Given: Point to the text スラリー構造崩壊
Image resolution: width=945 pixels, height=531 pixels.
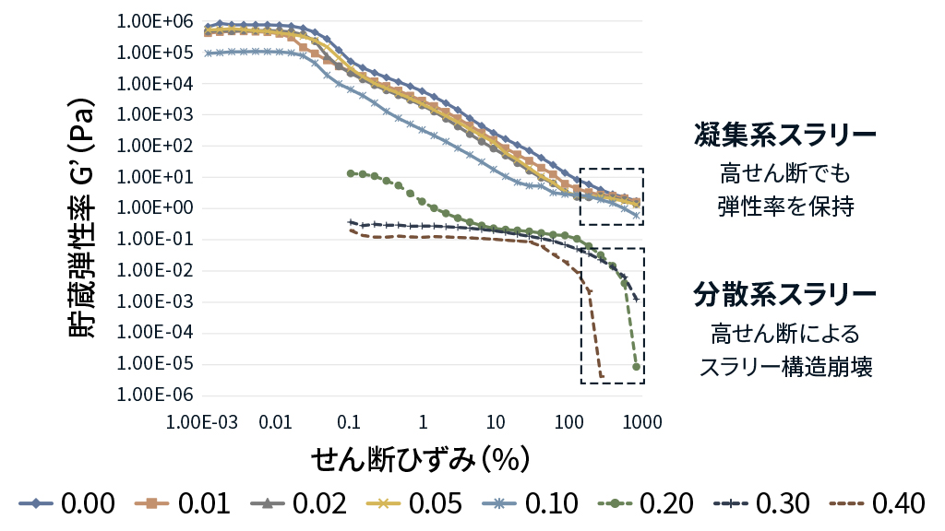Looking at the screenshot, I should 785,367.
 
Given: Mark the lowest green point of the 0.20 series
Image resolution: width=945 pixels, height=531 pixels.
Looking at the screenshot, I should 637,367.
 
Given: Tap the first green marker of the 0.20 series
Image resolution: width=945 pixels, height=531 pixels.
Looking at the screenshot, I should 351,173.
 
